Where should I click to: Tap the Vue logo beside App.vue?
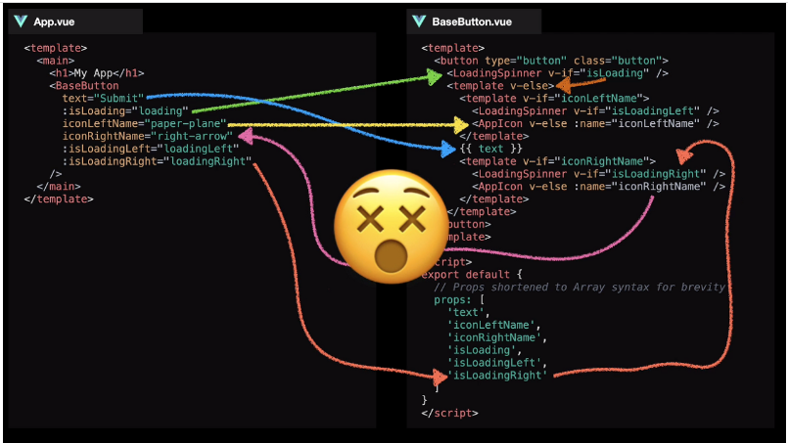point(21,21)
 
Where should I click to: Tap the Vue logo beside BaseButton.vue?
point(419,21)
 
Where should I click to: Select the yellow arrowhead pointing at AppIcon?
point(461,124)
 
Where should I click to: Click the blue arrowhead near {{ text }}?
point(449,148)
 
